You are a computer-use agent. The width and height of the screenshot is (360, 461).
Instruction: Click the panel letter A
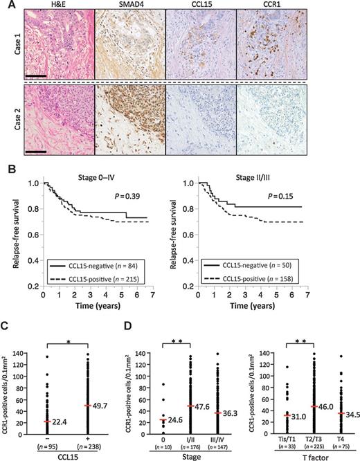coord(6,6)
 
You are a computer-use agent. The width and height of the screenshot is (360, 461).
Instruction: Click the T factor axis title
coord(307,455)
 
